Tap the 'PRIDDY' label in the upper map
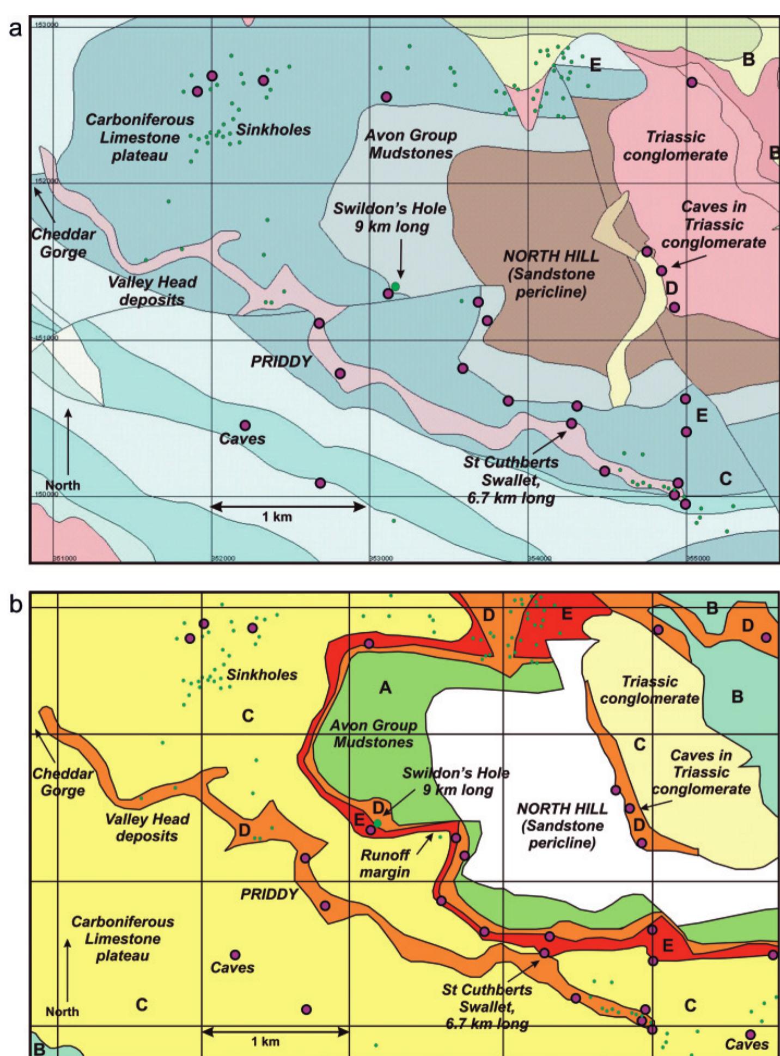pos(280,362)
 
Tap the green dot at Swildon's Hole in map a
pos(395,286)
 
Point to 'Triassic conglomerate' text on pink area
pos(675,146)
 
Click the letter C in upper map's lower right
pos(725,478)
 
